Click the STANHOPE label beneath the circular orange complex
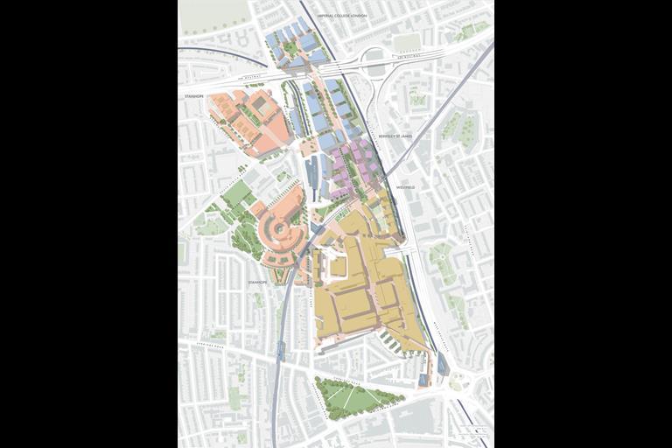[255, 283]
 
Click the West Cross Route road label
[435, 328]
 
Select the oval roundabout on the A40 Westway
[374, 62]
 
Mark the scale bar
[474, 430]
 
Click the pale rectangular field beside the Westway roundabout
[405, 43]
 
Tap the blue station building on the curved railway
[280, 348]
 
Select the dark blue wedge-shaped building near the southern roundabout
[442, 367]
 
